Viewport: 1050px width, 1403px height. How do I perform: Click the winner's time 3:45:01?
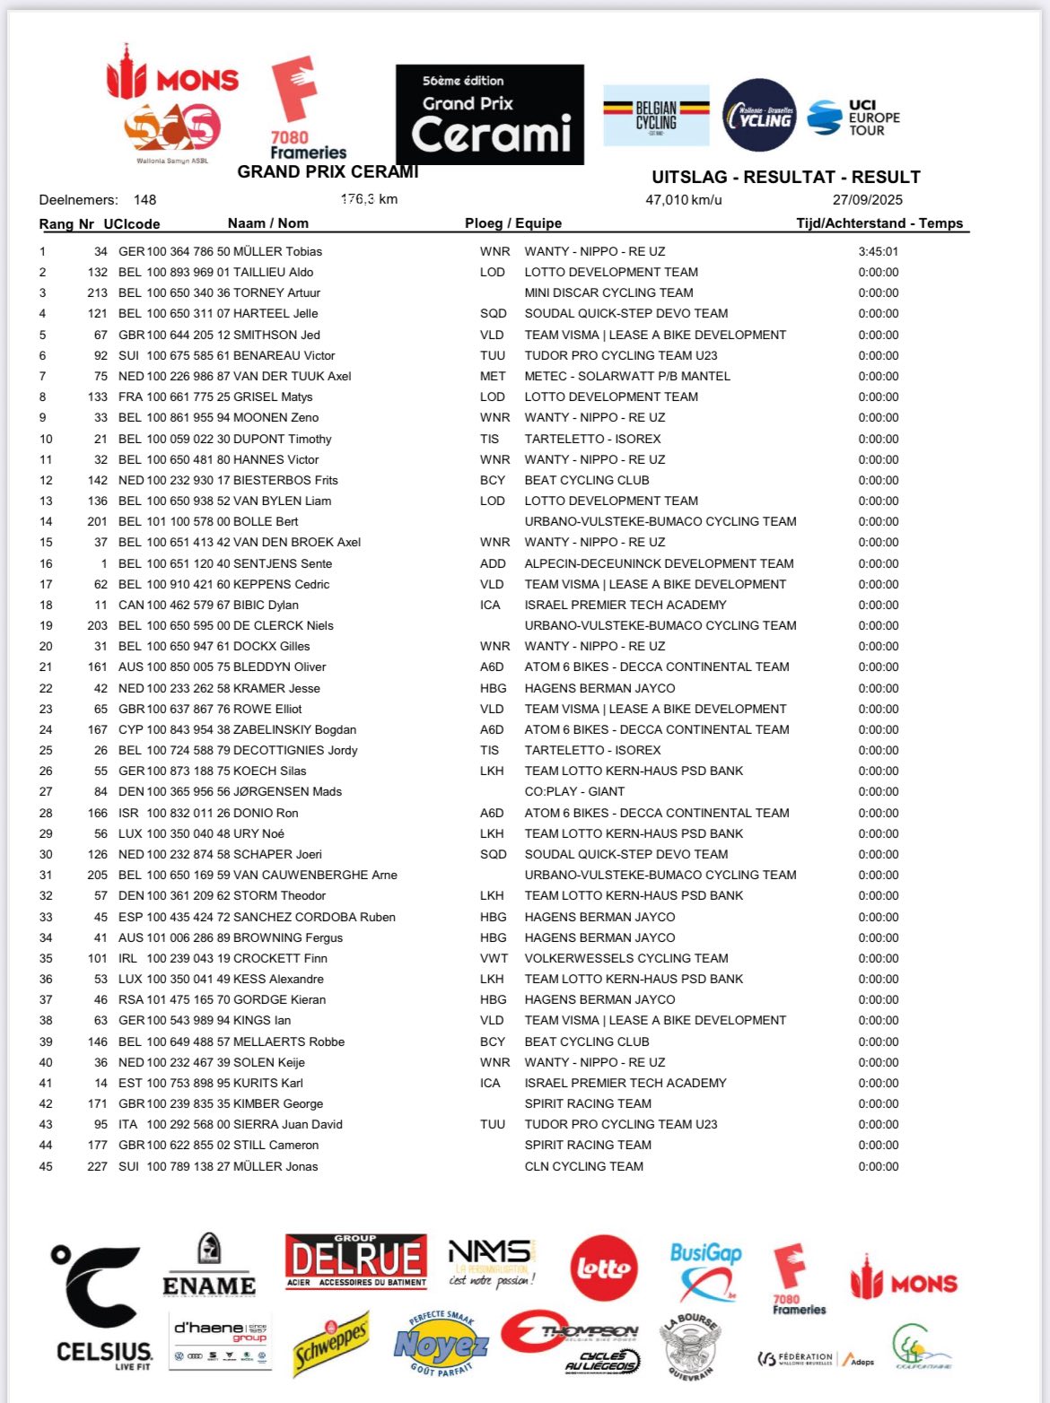tap(878, 252)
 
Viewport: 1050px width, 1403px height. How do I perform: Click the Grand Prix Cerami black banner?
tap(490, 115)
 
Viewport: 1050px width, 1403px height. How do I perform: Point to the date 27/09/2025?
tap(867, 200)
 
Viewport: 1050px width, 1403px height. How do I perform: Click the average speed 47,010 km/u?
tap(683, 200)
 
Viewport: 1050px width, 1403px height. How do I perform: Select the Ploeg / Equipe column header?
tap(513, 223)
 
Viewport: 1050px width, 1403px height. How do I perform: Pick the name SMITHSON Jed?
tap(276, 335)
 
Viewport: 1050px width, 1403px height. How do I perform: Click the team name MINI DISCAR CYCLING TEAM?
tap(608, 293)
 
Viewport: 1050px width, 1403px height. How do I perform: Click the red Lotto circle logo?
tap(604, 1269)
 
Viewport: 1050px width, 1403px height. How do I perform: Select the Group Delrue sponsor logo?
tap(356, 1260)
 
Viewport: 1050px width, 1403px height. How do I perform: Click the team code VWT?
tap(493, 959)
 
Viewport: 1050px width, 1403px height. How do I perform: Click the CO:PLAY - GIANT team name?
tap(574, 792)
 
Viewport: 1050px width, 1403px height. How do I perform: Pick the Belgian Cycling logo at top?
tap(656, 116)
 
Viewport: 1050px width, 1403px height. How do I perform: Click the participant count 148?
tap(144, 200)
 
